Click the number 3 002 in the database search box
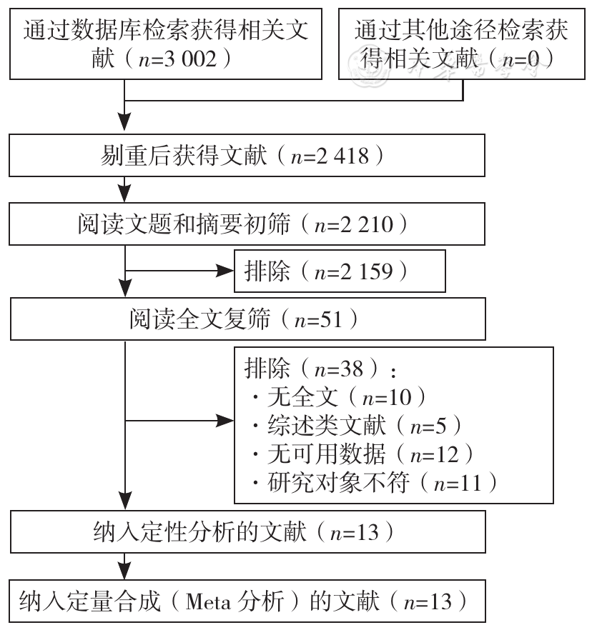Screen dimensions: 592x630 (x=190, y=59)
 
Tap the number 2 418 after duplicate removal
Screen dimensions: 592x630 (x=342, y=156)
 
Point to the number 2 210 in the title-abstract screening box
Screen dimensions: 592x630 (x=366, y=224)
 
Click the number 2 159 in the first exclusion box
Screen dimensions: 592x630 (x=366, y=271)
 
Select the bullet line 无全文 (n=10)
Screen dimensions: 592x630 (x=339, y=397)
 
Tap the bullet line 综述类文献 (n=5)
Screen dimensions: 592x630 (x=357, y=426)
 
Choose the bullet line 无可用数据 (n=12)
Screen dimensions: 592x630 (x=362, y=454)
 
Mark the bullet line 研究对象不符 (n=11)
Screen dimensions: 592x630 (x=375, y=483)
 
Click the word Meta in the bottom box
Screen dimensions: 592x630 (x=208, y=601)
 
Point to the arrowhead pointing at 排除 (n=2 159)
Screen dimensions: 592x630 (x=225, y=271)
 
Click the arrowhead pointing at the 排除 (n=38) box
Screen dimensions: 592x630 (x=225, y=421)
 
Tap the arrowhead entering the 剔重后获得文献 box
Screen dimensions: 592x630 (x=124, y=122)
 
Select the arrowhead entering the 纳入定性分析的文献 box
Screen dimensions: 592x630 (x=126, y=501)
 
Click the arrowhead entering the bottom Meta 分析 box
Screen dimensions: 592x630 (x=124, y=571)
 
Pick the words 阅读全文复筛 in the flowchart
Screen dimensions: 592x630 (x=199, y=319)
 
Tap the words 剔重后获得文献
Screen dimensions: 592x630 (x=183, y=156)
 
